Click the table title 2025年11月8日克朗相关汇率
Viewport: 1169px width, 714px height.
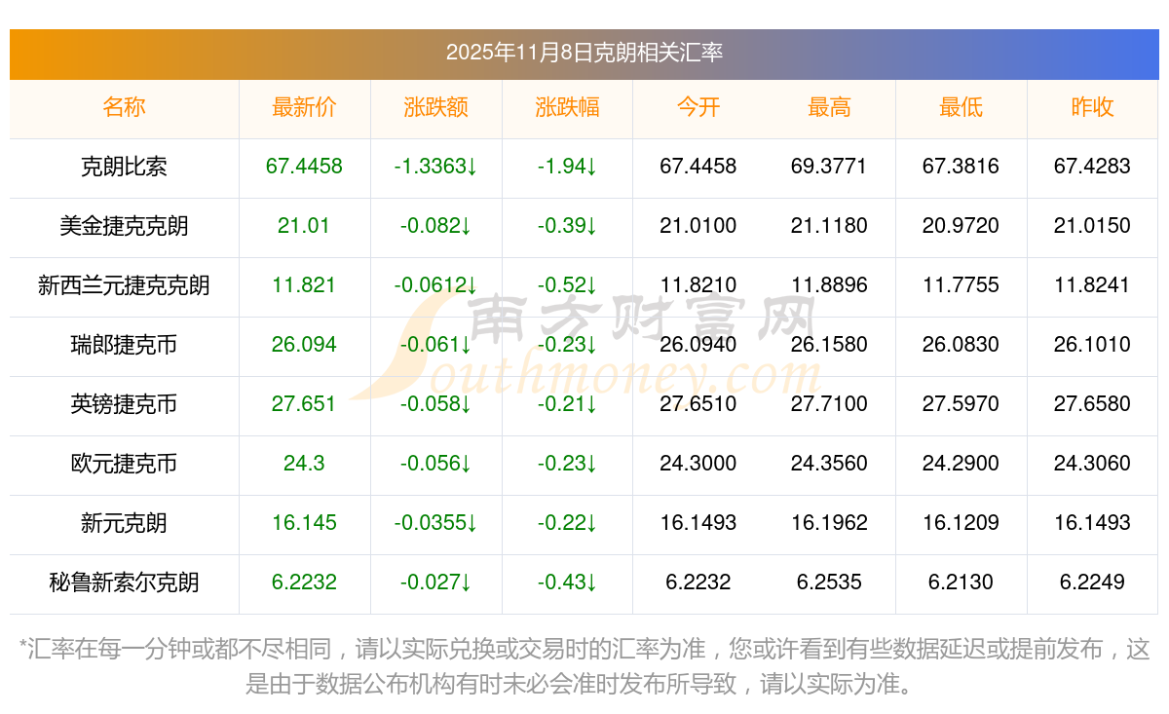[584, 53]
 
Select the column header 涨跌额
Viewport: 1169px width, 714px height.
[435, 108]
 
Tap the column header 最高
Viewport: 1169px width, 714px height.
[829, 108]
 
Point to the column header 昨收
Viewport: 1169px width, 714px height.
[1092, 108]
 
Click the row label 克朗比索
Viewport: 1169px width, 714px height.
[124, 167]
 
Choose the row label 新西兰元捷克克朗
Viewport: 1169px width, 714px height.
[124, 285]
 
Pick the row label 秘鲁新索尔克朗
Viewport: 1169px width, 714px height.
[124, 582]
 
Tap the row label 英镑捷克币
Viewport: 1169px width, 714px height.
[124, 404]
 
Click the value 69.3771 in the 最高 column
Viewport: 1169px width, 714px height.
[829, 167]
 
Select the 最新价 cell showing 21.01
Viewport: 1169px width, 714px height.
[304, 226]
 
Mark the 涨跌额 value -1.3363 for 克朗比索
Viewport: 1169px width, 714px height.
[435, 167]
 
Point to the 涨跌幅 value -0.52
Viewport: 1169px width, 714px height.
[567, 285]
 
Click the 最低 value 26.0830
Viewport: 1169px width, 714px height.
[961, 345]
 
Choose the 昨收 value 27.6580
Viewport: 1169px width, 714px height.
[1092, 404]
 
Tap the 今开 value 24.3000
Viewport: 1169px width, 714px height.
[698, 464]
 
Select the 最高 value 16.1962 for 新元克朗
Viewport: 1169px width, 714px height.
[829, 523]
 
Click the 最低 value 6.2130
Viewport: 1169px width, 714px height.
[961, 582]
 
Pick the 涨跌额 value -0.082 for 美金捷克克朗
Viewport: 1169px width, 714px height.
[435, 226]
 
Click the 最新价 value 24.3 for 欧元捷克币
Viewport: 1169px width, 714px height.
[304, 464]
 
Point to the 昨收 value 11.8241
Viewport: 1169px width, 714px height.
[1092, 285]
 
